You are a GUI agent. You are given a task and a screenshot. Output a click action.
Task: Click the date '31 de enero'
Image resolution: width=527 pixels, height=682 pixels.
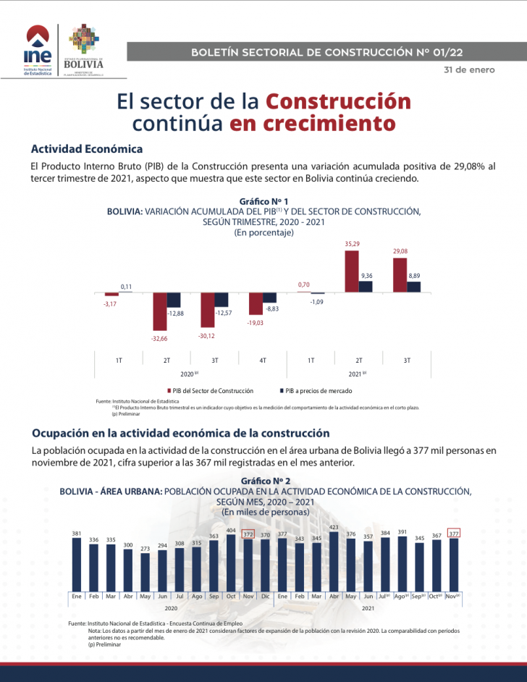click(469, 70)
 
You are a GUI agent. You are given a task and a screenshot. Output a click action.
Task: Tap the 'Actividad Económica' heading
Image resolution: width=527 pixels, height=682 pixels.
click(87, 149)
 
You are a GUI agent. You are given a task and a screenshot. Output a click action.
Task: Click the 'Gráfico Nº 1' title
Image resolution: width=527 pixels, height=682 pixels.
click(263, 201)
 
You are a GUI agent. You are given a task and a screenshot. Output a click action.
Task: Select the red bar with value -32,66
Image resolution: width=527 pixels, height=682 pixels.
click(159, 311)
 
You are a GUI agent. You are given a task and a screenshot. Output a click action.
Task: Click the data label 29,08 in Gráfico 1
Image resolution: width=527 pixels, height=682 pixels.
click(400, 251)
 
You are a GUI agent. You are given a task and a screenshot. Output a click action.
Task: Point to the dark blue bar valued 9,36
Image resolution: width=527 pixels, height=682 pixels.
click(366, 287)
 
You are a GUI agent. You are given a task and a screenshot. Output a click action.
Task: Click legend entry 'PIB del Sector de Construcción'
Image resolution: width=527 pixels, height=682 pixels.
click(212, 390)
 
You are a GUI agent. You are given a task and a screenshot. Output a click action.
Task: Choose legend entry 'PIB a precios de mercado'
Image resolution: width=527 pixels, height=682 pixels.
click(318, 390)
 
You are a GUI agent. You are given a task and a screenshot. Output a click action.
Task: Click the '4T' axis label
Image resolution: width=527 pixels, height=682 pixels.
click(263, 360)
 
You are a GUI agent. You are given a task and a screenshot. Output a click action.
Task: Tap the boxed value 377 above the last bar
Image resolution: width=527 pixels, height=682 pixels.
click(454, 534)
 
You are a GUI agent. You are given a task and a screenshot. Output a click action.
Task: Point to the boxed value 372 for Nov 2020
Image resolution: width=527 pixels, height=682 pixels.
click(248, 534)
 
